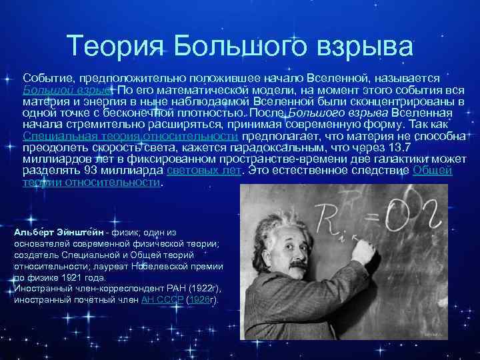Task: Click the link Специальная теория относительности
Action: (x=131, y=136)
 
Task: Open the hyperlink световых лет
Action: (x=201, y=170)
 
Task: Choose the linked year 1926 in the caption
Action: (x=198, y=300)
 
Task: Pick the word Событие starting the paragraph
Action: (x=46, y=79)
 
